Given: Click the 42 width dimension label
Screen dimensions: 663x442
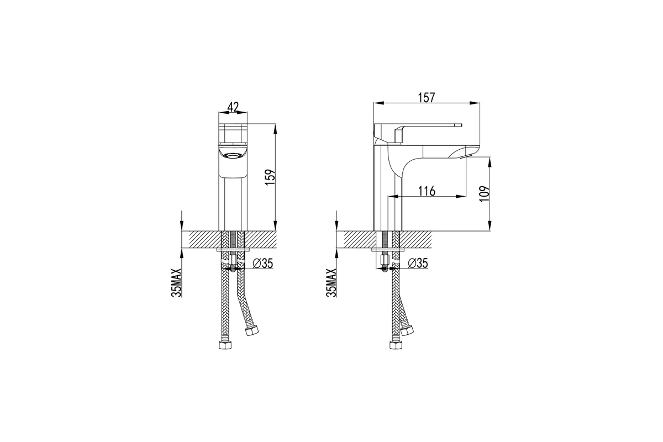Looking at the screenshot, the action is click(x=233, y=107).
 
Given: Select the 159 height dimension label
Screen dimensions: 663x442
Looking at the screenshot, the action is click(x=271, y=177).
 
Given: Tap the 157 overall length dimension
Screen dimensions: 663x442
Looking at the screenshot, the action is click(x=426, y=98).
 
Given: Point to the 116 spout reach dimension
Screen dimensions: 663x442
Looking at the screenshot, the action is click(x=427, y=191).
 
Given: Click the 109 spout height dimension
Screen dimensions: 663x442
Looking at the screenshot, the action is click(x=484, y=194).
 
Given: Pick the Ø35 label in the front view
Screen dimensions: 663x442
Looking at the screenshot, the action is click(x=263, y=263).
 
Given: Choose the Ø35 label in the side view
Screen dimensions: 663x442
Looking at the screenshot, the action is click(x=418, y=263).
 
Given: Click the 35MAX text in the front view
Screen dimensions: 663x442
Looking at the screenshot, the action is click(x=176, y=283).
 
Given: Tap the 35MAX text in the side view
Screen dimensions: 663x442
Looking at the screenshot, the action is click(x=331, y=283).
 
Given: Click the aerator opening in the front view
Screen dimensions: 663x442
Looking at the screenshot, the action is click(x=233, y=155).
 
